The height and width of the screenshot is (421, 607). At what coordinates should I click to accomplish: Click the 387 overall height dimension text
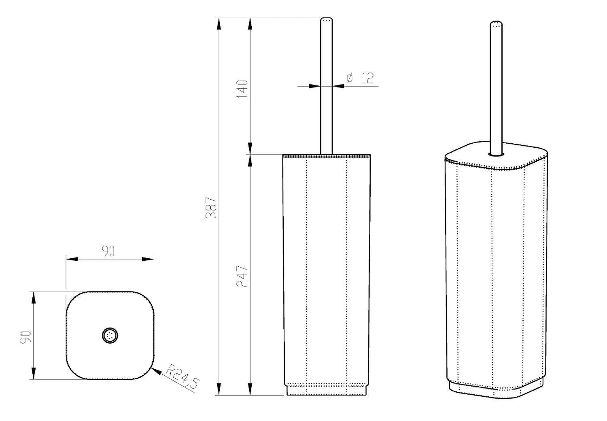pyautogui.click(x=211, y=208)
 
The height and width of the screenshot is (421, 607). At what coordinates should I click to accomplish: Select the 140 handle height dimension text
pyautogui.click(x=242, y=89)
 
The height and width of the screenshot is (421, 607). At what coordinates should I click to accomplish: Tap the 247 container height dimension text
pyautogui.click(x=242, y=276)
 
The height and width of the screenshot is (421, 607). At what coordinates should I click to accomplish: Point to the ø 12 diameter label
pyautogui.click(x=360, y=78)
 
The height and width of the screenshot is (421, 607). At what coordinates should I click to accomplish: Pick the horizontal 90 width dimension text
pyautogui.click(x=108, y=251)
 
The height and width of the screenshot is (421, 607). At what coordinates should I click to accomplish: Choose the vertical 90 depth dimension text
pyautogui.click(x=26, y=337)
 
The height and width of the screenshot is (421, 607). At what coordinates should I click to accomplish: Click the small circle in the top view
pyautogui.click(x=110, y=336)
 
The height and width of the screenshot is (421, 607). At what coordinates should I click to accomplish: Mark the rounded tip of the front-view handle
pyautogui.click(x=326, y=19)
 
